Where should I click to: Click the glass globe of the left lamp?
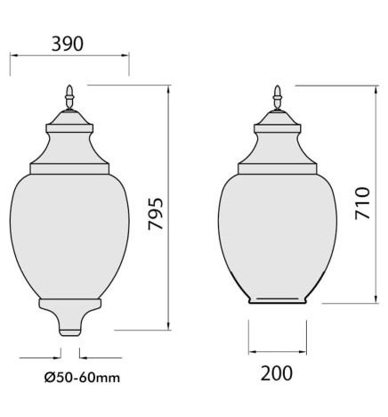pos(69,232)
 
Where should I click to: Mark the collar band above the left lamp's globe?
pos(69,167)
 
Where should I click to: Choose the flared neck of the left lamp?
pos(69,143)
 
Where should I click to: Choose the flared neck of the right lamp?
pos(279,143)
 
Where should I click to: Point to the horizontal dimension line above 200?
pos(278,349)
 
